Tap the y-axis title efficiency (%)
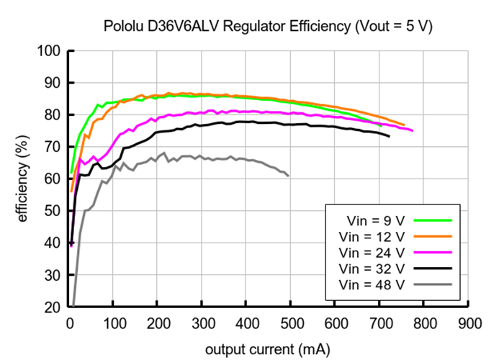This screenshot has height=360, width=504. [23, 179]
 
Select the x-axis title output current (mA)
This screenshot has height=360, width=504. [268, 350]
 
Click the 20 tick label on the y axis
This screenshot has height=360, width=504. [53, 307]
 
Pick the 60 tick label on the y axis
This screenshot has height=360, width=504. [53, 179]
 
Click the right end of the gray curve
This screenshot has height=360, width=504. [288, 176]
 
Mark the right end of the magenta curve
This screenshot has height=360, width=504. [413, 130]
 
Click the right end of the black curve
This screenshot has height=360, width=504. [390, 136]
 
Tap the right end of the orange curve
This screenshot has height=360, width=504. [404, 125]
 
